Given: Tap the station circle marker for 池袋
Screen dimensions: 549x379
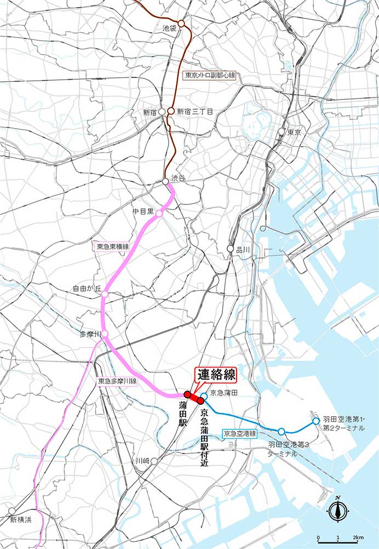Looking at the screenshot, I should coord(181,24).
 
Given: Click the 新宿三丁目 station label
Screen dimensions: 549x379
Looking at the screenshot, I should coord(194,111).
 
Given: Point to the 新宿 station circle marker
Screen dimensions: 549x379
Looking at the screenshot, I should coord(162,111).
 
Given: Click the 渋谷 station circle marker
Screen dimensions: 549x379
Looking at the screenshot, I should coord(165,181).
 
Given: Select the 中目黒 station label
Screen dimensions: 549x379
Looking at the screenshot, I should coord(142,211).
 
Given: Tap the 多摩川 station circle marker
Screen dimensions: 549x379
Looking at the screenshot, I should coord(105,333).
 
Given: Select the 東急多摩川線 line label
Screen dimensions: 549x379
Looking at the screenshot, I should coord(117,381).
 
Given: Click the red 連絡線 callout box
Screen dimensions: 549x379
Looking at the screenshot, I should coord(216,375).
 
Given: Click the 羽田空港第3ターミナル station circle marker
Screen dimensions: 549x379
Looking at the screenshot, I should coord(282,432).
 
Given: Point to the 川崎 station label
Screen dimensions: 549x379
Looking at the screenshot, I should coord(142,462).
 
